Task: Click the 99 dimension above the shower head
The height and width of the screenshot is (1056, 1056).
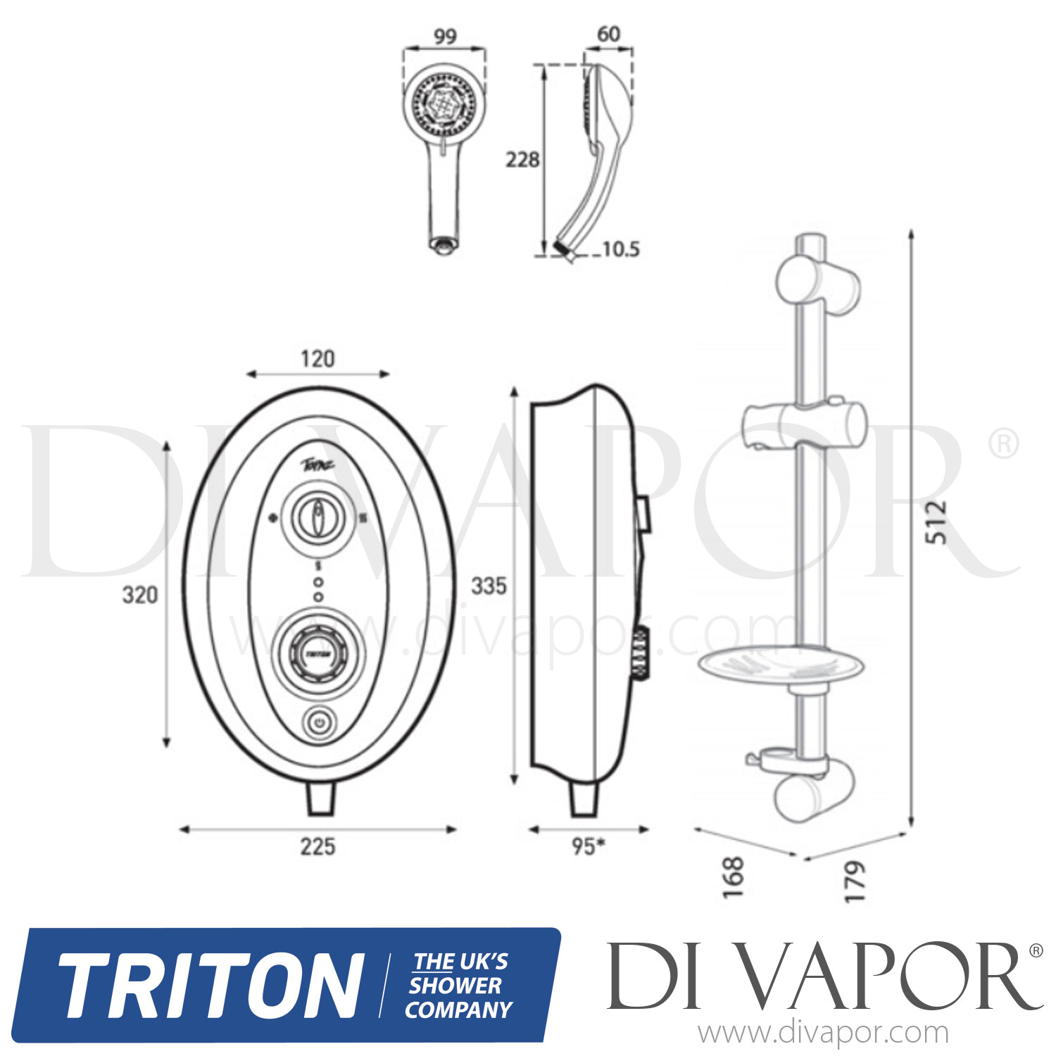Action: [444, 36]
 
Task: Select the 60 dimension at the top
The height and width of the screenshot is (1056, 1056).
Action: [608, 34]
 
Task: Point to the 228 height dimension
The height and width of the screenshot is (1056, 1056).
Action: [522, 160]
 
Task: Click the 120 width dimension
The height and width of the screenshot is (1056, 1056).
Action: [318, 359]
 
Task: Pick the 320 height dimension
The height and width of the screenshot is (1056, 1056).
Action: [140, 595]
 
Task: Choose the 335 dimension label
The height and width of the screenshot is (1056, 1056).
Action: [489, 586]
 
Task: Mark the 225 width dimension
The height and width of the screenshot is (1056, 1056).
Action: [318, 846]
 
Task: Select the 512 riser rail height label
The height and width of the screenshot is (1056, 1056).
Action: [936, 522]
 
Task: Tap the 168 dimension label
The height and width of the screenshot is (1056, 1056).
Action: [733, 876]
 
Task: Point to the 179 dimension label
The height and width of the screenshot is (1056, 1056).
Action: [854, 881]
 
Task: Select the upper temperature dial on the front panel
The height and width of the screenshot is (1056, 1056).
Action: [318, 519]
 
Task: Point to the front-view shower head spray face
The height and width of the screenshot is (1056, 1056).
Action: [444, 106]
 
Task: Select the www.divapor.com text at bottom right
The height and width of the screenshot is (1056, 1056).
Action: [823, 1033]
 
